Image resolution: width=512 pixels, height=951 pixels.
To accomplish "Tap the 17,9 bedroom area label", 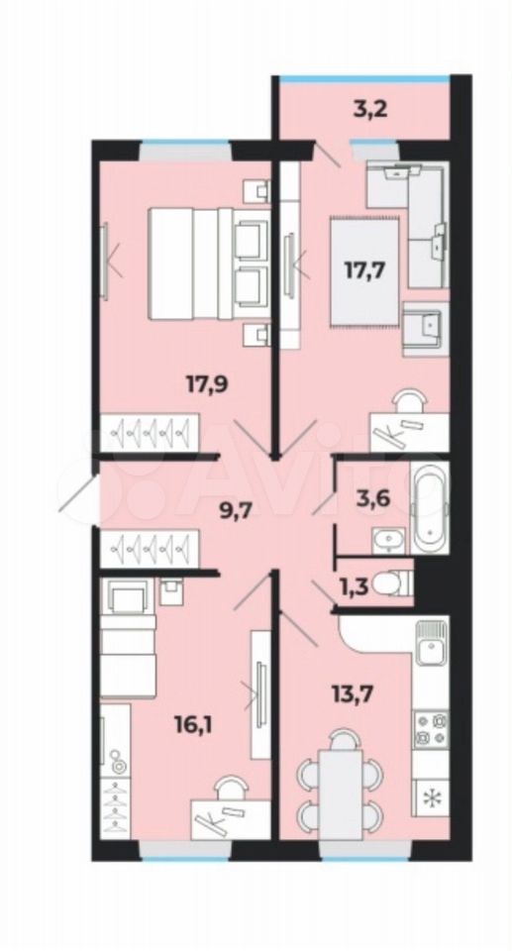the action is point(207,383).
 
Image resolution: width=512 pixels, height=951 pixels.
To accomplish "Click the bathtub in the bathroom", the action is point(430,507).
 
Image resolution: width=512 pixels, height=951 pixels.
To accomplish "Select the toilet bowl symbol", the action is point(392,584).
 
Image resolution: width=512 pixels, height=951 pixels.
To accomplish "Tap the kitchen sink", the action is point(431,644).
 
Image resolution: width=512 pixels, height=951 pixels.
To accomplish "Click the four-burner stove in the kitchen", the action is point(431,730).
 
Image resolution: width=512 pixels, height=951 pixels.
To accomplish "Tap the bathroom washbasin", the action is point(385,540).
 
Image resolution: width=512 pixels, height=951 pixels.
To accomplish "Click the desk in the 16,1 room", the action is point(231,819).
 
